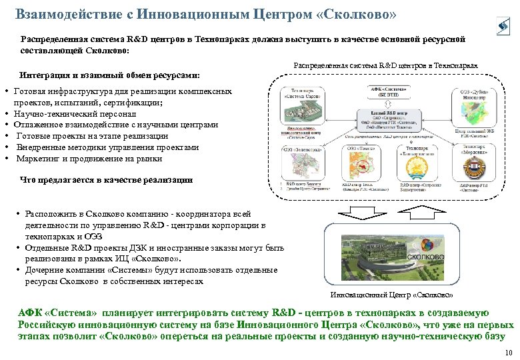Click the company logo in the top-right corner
coord(502,26)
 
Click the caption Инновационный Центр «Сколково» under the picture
coord(391,294)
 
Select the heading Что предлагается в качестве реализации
coord(107,180)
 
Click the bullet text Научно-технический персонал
coord(74,114)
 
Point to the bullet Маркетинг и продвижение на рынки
coord(88,159)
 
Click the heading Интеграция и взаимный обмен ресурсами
coord(110,75)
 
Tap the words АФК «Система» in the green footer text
coord(57,313)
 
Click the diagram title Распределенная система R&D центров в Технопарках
coord(385,66)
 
